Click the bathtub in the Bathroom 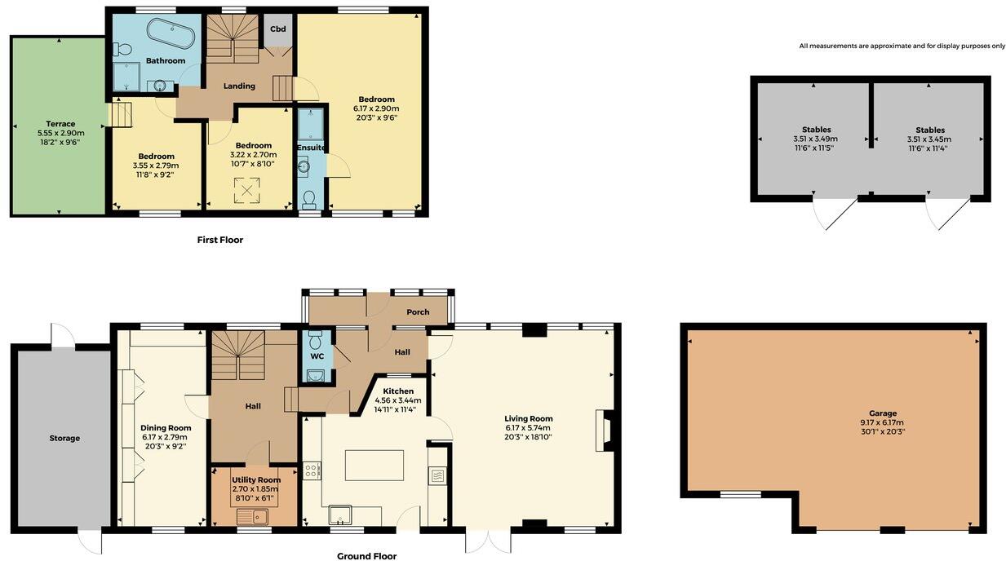171,34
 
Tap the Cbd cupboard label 277,29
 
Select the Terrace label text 60,124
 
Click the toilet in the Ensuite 308,199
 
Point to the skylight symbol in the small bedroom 246,190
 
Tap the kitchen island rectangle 374,465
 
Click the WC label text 317,356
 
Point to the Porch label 418,312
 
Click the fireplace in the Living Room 604,430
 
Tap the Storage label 64,439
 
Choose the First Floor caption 220,240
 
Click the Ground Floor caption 367,556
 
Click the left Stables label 816,130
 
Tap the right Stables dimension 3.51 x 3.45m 929,139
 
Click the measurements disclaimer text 902,46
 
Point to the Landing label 239,86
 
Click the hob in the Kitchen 312,470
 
